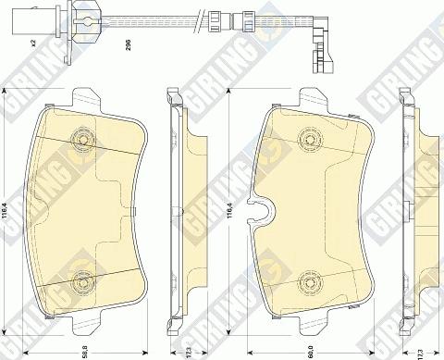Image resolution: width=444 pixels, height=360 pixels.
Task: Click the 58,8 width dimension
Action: coord(87,349)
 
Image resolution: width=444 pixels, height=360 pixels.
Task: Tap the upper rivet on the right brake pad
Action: coord(309,137)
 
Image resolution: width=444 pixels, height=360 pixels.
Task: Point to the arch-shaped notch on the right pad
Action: coord(262,212)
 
